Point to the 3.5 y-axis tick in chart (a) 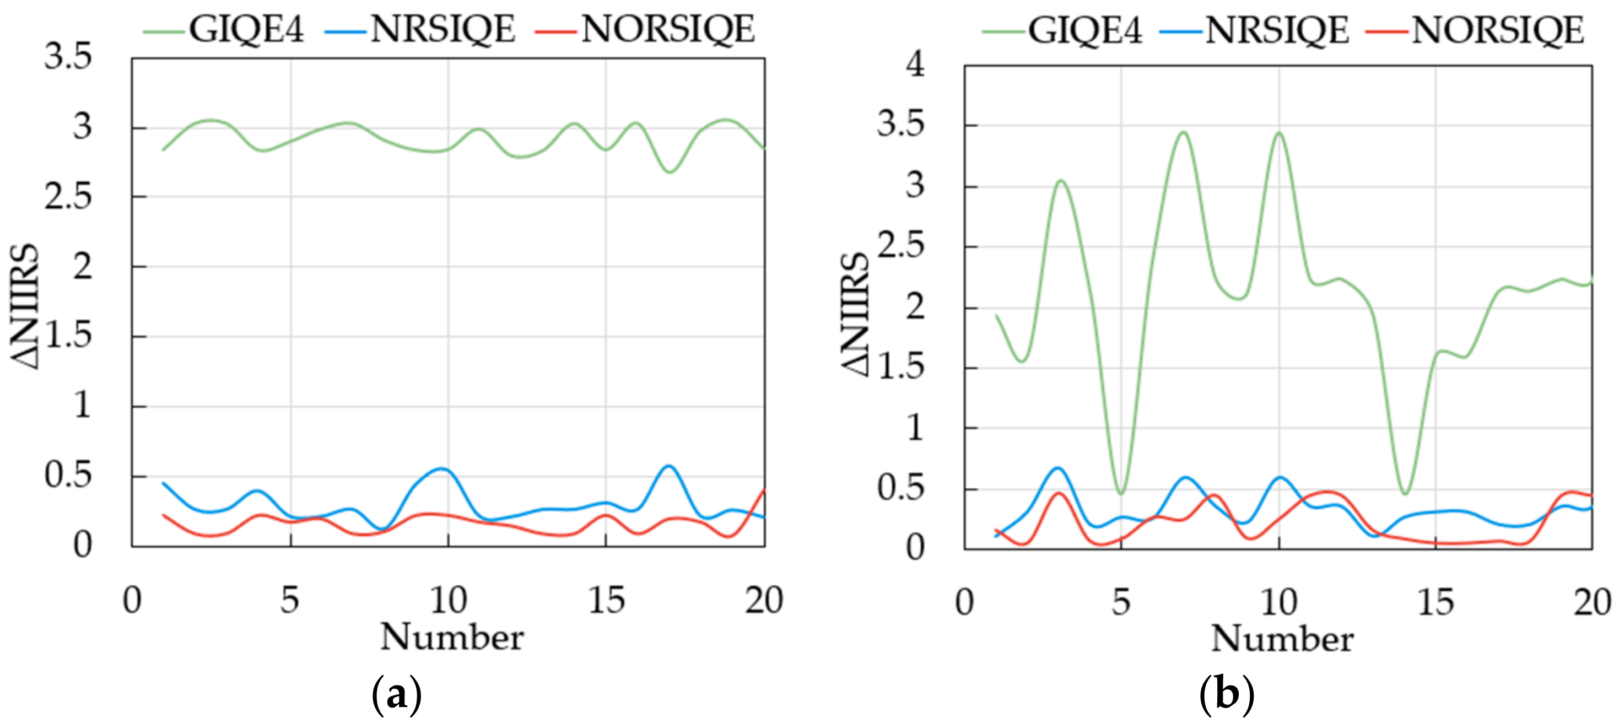pyautogui.click(x=68, y=57)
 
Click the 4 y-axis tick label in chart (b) pyautogui.click(x=915, y=64)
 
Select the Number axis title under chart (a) pyautogui.click(x=451, y=638)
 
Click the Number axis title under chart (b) pyautogui.click(x=1282, y=639)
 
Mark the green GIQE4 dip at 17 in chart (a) pyautogui.click(x=670, y=171)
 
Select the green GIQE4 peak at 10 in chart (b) pyautogui.click(x=1279, y=133)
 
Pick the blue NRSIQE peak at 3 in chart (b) pyautogui.click(x=1058, y=468)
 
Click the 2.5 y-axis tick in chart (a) pyautogui.click(x=68, y=197)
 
